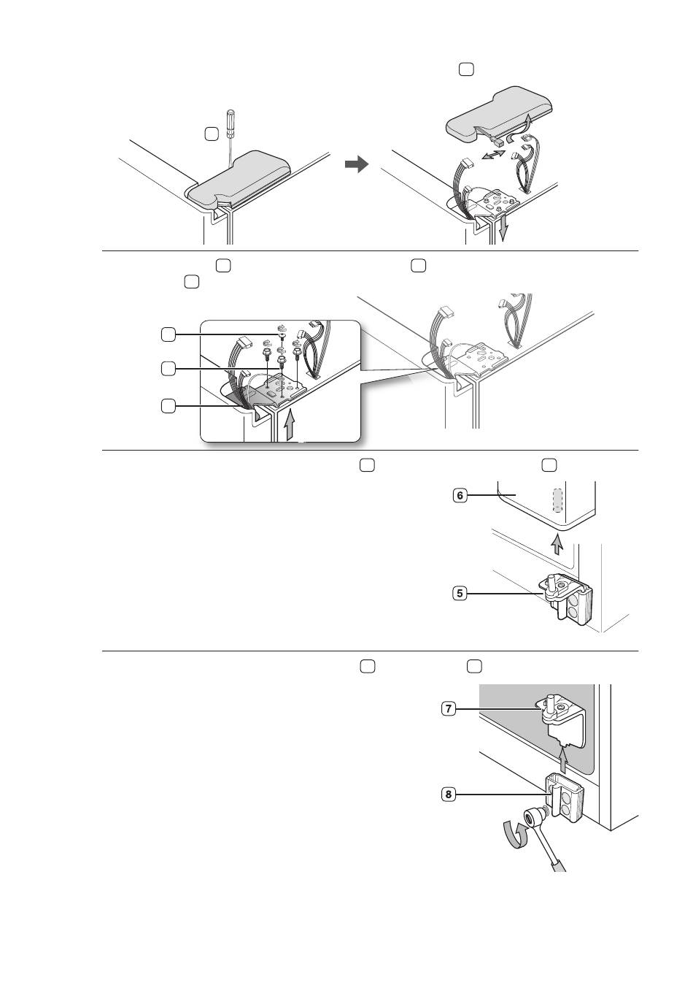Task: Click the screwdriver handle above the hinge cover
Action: pos(231,123)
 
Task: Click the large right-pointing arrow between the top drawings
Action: pos(356,164)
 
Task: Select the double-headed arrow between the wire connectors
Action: pos(494,156)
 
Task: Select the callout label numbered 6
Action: pos(460,495)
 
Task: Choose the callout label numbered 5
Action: pos(460,594)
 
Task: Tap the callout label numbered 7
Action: pos(449,708)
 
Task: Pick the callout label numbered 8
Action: pos(449,795)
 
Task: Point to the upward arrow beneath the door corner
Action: pos(557,545)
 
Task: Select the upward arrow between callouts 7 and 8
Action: pos(564,761)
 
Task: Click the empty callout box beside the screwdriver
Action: pos(212,134)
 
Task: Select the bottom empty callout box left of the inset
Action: pos(168,406)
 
